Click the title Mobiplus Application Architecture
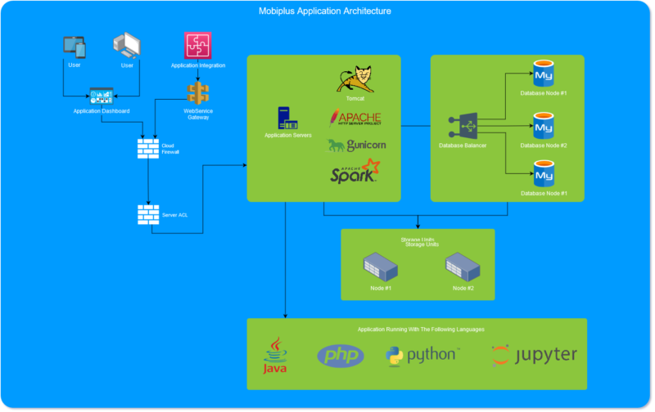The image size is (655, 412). coord(325,11)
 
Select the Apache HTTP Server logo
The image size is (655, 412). coord(355,119)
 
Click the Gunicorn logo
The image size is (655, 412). coord(355,146)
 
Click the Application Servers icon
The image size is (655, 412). coord(287,119)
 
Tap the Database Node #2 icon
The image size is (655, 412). coord(543,127)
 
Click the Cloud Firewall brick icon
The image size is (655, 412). coord(148,148)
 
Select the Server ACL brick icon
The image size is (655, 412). coord(148,214)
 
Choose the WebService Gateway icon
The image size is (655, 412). coord(198,92)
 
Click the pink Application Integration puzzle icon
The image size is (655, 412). coord(198,46)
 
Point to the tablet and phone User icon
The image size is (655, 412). coord(75,48)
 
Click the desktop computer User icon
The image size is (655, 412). coord(127,47)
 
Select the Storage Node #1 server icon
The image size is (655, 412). coord(381,266)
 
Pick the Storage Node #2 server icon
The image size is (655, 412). coord(463,266)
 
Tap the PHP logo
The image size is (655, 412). coord(341,356)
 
